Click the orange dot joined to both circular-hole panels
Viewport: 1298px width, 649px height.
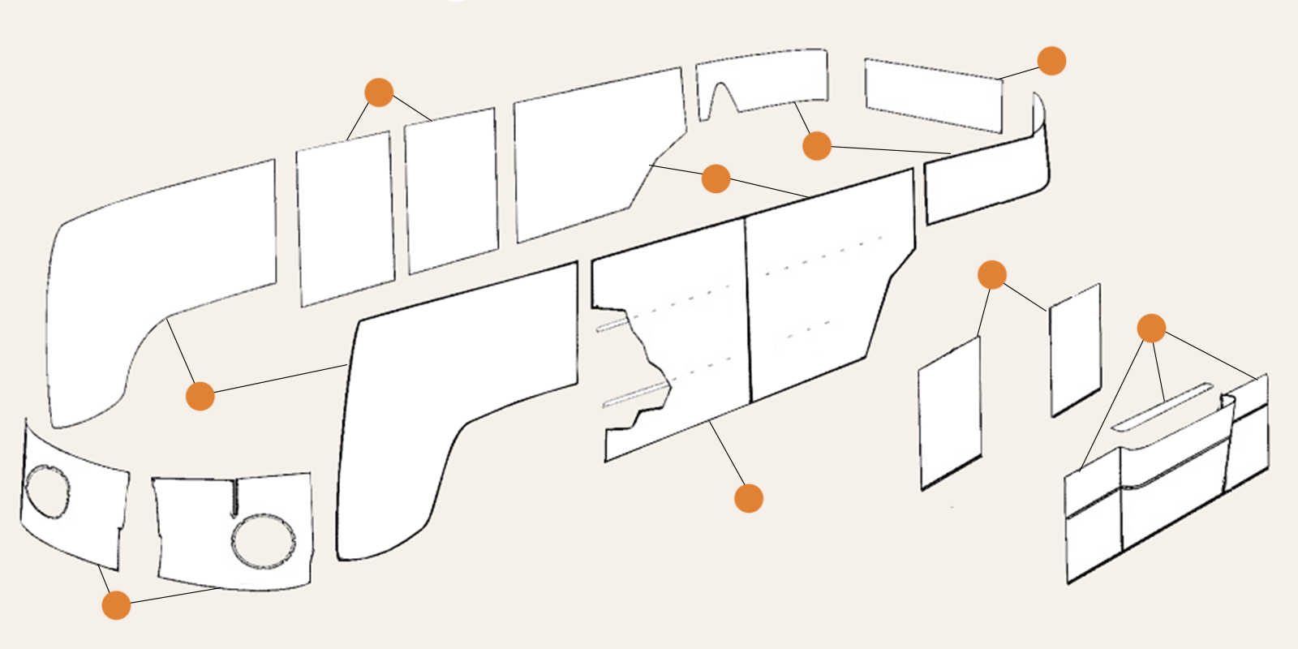[x=116, y=605]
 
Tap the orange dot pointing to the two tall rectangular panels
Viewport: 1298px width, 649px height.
[x=379, y=92]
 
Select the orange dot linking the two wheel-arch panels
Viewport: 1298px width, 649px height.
[x=200, y=396]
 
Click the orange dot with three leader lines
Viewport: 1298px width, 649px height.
[x=1151, y=329]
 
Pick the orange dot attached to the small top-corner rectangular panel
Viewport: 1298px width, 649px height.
[x=1051, y=61]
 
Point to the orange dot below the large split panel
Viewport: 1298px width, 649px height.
[x=748, y=498]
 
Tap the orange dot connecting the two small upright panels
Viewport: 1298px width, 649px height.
[x=992, y=275]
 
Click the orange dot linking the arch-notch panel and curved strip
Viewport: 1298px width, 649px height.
[x=817, y=146]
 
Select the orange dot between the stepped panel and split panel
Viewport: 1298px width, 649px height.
[x=716, y=178]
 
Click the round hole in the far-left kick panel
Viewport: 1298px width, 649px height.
[x=47, y=491]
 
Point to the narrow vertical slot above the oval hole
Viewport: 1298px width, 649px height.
[x=234, y=497]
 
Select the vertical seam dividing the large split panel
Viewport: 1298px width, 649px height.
[x=748, y=308]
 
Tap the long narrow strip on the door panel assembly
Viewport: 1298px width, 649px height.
[x=1163, y=406]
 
